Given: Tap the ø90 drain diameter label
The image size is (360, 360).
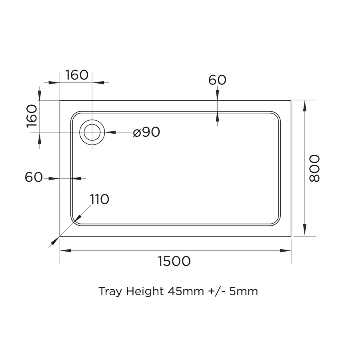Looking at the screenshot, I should (146, 132).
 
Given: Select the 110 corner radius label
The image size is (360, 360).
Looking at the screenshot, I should (100, 199).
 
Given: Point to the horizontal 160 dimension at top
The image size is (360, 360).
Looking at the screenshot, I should (76, 75).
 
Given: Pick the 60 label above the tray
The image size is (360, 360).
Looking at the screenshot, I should (217, 80).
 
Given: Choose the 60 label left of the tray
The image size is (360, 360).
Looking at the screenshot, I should (34, 177).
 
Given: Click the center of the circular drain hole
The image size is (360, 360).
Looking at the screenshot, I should (92, 132).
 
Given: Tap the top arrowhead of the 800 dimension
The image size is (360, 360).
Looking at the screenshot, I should (305, 106).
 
